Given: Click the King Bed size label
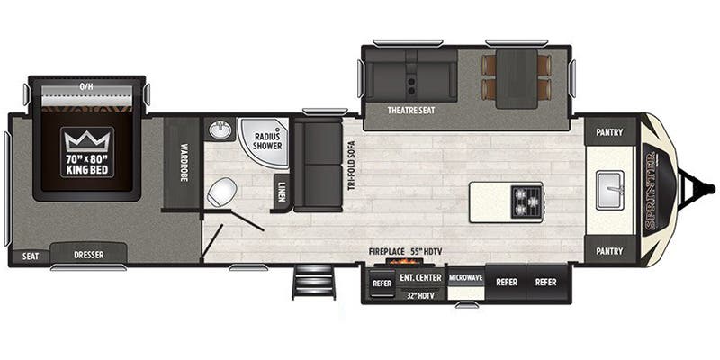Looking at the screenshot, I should click(87, 163).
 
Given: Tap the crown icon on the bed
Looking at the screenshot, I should click(87, 140).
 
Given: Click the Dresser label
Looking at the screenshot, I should click(88, 255).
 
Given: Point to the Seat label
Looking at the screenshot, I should click(30, 256).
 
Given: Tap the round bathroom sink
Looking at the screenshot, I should click(220, 132).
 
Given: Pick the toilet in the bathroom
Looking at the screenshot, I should click(221, 190).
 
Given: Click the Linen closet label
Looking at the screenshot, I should click(282, 191).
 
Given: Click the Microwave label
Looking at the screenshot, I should click(466, 278).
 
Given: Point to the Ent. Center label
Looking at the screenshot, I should click(420, 277).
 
